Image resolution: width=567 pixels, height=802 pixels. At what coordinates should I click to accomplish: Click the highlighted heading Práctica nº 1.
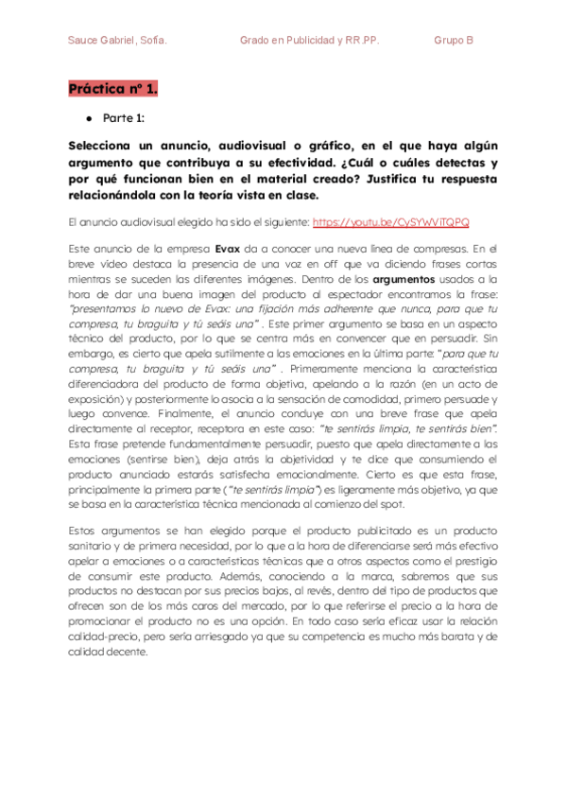pos(112,90)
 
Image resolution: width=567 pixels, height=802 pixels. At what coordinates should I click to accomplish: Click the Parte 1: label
pos(124,120)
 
